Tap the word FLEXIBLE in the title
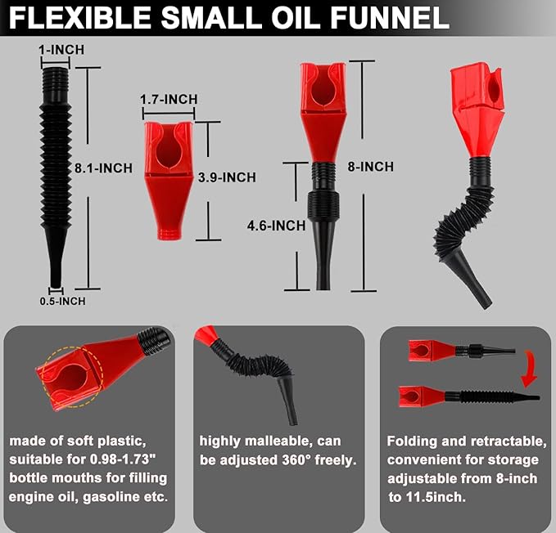[79, 18]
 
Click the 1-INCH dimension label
[61, 50]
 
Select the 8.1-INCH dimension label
[103, 168]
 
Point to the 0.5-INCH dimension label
[62, 301]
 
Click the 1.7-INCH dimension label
[169, 100]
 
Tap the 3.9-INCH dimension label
[227, 177]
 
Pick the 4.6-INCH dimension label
[276, 226]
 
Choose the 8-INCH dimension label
[371, 167]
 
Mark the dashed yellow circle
[72, 377]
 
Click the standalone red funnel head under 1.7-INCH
[169, 181]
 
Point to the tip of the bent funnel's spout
[486, 305]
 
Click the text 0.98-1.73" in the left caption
[123, 459]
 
